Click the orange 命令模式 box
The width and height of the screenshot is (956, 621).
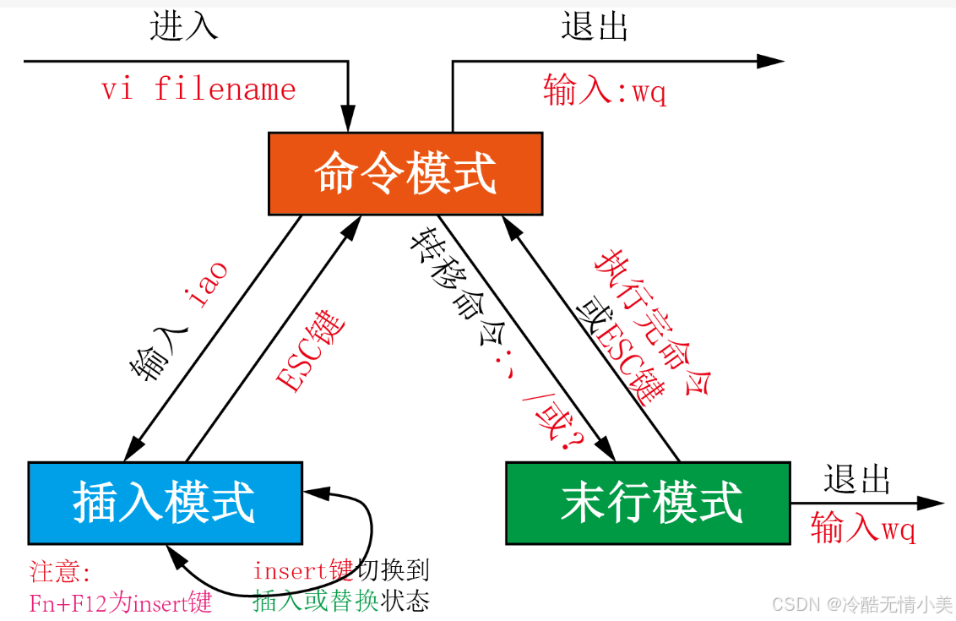coord(405,173)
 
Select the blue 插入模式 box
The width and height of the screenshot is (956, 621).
coord(165,503)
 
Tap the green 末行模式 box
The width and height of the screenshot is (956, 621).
coord(648,503)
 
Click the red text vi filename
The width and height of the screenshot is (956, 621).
coord(199,90)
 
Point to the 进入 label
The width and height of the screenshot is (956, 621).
coord(183,27)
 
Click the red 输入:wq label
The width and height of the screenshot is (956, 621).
coord(605,90)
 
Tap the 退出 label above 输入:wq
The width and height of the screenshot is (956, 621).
coord(595,27)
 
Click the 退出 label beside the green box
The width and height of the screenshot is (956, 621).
coord(857,480)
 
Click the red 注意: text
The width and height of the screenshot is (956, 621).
coord(59,573)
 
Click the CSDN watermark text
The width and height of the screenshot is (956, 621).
coord(861,604)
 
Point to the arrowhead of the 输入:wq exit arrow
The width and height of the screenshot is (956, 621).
coord(772,61)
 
